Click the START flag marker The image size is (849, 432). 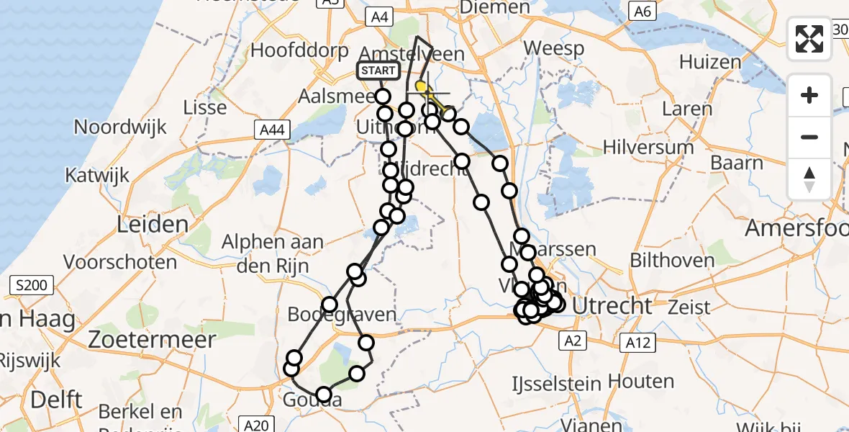point(378,71)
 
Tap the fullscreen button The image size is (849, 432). point(809,39)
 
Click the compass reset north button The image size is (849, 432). point(809,179)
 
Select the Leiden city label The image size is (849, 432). point(153,224)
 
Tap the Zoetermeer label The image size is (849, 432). point(152,339)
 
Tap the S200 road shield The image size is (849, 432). point(30,286)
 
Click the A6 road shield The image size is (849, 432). point(641,12)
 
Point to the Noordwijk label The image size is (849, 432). point(120,127)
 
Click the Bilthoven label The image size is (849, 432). point(672,259)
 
